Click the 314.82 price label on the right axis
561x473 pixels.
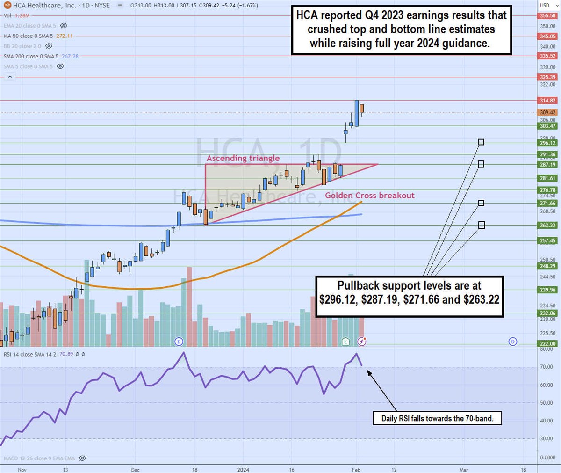tap(547, 101)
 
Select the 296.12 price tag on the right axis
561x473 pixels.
tap(547, 143)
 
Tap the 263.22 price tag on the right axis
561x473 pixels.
tap(547, 226)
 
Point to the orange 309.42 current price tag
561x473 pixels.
tap(547, 113)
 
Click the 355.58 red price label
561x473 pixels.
tap(547, 16)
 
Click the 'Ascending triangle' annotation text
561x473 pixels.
tap(243, 158)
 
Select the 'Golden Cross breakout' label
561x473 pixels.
tap(370, 196)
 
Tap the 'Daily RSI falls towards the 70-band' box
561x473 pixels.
tap(437, 418)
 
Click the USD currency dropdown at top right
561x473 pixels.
tap(547, 6)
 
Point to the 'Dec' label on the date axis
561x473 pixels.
tap(136, 470)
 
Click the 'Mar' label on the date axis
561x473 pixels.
tap(464, 470)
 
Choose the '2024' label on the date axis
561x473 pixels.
tap(243, 470)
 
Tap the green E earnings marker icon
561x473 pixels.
tap(345, 341)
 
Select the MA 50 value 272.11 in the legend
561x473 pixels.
tap(64, 36)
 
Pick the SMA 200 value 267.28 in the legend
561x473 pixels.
tap(70, 56)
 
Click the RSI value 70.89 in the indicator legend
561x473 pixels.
tap(67, 354)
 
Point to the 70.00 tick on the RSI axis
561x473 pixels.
tap(547, 367)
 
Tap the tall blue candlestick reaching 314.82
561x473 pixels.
tap(357, 113)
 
